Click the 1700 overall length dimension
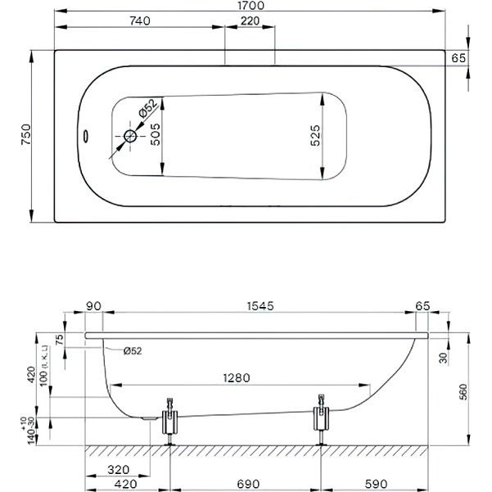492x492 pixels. pos(251,6)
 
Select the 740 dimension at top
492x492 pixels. pos(140,21)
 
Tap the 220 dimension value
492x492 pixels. pos(250,21)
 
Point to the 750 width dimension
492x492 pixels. pos(26,134)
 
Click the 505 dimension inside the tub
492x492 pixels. pos(156,134)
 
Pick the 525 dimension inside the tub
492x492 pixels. pos(315,136)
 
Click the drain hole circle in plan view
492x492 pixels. pos(130,136)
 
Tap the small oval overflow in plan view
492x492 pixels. pos(85,136)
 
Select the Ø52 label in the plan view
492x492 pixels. pos(147,108)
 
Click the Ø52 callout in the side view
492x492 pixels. pos(133,350)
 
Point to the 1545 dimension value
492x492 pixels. pos(260,306)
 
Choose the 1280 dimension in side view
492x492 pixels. pos(237,377)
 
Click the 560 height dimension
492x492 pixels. pos(463,392)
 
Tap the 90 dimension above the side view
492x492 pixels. pos(93,306)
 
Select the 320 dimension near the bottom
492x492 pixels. pos(119,470)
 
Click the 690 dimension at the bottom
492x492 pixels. pos(249,484)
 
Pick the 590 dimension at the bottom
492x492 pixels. pos(377,484)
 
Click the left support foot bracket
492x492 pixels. pos(169,421)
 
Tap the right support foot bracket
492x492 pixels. pos(321,418)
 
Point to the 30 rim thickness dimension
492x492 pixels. pos(443,358)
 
